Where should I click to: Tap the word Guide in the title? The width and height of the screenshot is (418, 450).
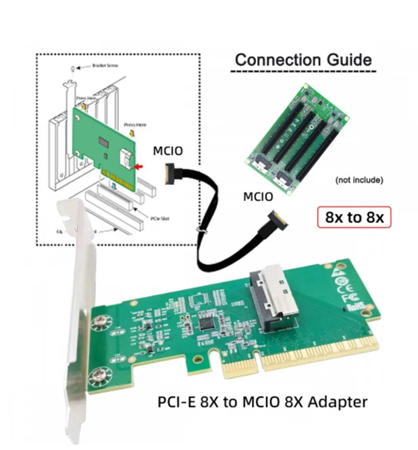(x=352, y=59)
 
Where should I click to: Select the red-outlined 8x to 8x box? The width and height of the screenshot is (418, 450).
(x=354, y=217)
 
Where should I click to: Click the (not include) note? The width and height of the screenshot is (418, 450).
(x=359, y=180)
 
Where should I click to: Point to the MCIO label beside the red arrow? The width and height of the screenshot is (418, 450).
(x=168, y=152)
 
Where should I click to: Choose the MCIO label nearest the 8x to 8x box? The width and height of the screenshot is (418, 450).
(x=258, y=197)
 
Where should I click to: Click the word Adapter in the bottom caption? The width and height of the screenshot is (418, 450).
(x=340, y=402)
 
